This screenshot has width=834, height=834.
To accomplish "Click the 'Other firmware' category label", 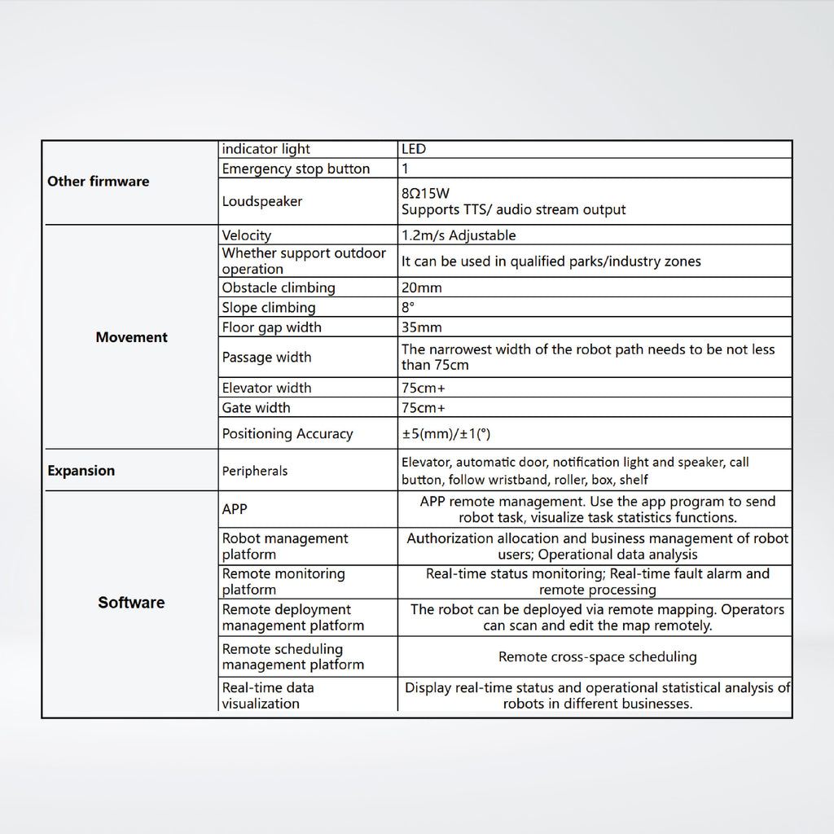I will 99,182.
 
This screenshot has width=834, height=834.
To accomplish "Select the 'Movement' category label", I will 131,337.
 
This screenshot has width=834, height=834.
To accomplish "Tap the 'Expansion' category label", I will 81,471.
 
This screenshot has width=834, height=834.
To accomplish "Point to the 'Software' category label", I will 131,603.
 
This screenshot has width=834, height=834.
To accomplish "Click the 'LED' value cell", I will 414,149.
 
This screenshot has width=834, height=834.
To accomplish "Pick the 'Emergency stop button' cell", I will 296,169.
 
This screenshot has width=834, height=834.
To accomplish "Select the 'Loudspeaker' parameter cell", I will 262,201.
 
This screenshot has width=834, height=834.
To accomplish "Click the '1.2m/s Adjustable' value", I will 459,235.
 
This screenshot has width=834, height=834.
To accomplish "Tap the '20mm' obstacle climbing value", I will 422,288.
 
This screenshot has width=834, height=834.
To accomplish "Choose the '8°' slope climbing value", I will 408,308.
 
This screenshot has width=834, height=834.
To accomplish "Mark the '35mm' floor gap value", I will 422,327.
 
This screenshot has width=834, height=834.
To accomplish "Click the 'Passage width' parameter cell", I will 267,357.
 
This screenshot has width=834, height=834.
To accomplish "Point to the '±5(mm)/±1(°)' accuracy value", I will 458,433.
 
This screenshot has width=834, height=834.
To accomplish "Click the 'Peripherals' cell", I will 255,471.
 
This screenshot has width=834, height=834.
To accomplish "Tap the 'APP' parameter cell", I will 235,509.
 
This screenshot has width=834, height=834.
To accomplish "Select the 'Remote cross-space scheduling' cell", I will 597,656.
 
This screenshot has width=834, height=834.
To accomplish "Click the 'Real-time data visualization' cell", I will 268,696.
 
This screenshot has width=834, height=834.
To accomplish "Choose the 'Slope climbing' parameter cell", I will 269,308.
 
